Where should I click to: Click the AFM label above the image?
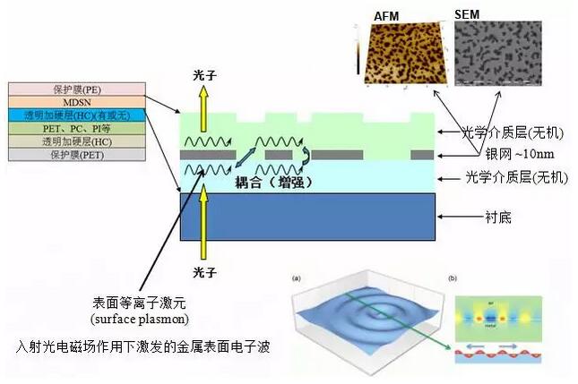coord(386,15)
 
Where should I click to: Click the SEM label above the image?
coord(467,15)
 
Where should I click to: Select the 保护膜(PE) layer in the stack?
coord(65,90)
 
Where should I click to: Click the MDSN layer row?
coord(65,102)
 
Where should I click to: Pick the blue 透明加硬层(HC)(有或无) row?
coord(65,115)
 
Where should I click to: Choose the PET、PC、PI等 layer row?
coord(65,129)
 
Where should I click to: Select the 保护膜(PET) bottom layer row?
coord(65,155)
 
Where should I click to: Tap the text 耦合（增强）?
coord(267,182)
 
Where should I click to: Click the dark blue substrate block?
coord(308,217)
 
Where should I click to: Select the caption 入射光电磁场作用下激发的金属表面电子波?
coord(144,345)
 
